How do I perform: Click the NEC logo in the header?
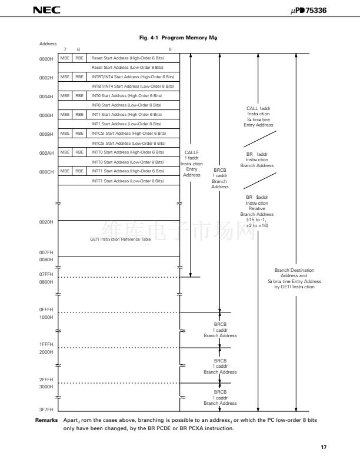42,11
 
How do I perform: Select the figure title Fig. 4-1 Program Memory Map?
178,38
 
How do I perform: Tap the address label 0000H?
46,58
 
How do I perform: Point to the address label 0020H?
46,222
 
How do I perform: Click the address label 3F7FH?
46,409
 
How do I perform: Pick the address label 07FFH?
46,274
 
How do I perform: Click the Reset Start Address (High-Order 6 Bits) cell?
127,58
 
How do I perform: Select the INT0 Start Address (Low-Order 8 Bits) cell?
127,105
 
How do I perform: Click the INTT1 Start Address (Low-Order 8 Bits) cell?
127,181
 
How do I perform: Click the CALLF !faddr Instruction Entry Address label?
192,164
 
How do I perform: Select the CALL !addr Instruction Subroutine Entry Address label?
258,116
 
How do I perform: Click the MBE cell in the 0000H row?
65,58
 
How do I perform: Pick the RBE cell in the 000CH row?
79,171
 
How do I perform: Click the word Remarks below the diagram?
46,421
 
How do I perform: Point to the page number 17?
323,448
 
